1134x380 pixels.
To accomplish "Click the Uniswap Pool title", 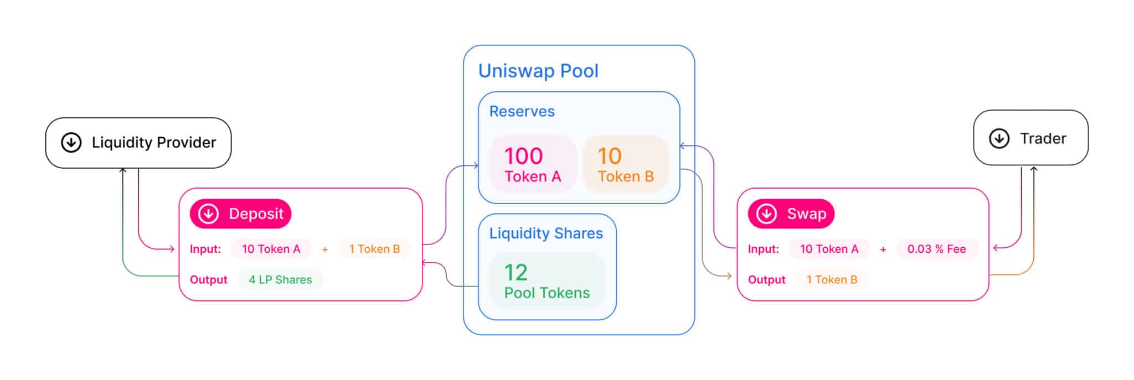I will click(538, 71).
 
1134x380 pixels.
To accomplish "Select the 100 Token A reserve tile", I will click(532, 164).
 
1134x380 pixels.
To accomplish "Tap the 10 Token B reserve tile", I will click(625, 164).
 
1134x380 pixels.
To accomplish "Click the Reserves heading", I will click(522, 111).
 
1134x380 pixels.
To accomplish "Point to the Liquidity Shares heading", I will click(545, 233).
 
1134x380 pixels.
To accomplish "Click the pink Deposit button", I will click(240, 214).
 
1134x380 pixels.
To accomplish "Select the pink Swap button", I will click(791, 214).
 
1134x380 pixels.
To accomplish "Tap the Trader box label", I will click(1043, 138).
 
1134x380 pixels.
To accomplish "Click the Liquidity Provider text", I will click(154, 143).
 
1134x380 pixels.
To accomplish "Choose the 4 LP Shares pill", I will click(280, 280).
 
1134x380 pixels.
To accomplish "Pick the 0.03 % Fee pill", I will click(936, 249).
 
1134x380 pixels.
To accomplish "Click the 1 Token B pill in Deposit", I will click(374, 249).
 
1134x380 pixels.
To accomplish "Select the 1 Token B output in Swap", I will click(831, 280).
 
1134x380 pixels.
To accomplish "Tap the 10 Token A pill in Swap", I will click(829, 249).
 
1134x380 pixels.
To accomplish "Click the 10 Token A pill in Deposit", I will click(271, 249).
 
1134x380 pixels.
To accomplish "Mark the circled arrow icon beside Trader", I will click(999, 138).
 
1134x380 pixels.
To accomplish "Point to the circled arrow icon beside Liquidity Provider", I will click(71, 143).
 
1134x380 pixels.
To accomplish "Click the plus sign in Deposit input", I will click(325, 249).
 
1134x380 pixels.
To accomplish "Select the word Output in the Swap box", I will click(766, 280).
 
